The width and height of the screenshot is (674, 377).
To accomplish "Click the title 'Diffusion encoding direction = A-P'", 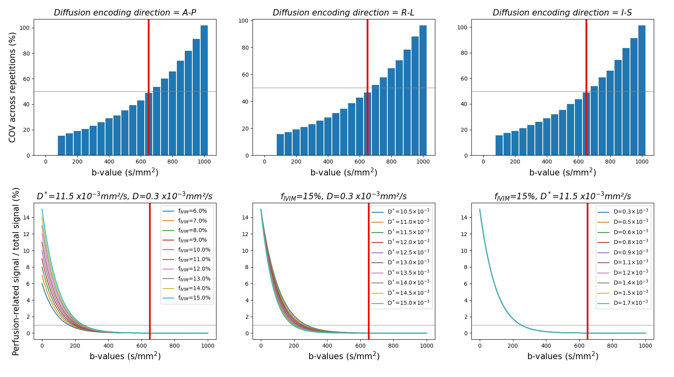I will tap(125, 13).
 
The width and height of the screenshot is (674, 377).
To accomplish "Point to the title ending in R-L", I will tap(343, 13).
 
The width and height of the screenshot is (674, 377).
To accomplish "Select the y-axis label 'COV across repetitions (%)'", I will tap(12, 87).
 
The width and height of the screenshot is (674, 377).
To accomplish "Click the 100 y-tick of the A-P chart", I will tap(25, 28).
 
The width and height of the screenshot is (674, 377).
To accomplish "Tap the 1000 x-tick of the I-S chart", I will tap(642, 162).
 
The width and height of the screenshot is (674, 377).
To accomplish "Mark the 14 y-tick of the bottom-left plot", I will tap(27, 217).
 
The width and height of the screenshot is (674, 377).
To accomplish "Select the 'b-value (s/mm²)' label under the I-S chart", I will tap(563, 172).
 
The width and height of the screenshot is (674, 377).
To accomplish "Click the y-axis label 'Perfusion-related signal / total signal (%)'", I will tap(16, 271).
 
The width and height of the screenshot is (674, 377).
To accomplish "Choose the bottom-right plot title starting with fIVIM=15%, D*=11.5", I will tap(563, 196).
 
